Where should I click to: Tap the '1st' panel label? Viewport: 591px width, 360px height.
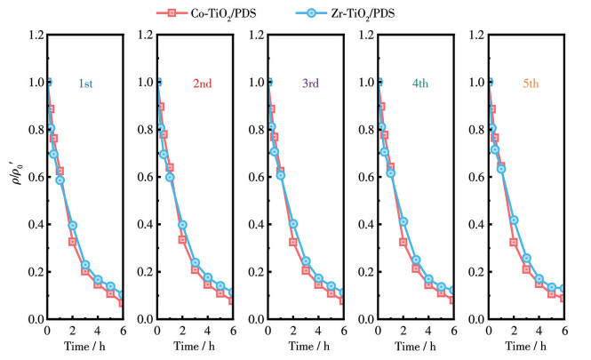coord(87,83)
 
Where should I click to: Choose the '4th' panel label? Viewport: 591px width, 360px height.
coord(420,83)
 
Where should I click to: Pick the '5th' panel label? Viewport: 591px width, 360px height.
coord(531,83)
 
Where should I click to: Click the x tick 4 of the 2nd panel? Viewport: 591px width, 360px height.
coord(207,331)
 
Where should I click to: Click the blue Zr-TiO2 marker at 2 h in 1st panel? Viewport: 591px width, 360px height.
coord(73,226)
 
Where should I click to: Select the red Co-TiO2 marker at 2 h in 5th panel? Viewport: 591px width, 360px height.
coord(514,242)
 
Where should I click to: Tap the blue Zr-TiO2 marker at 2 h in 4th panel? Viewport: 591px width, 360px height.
coord(403,221)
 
